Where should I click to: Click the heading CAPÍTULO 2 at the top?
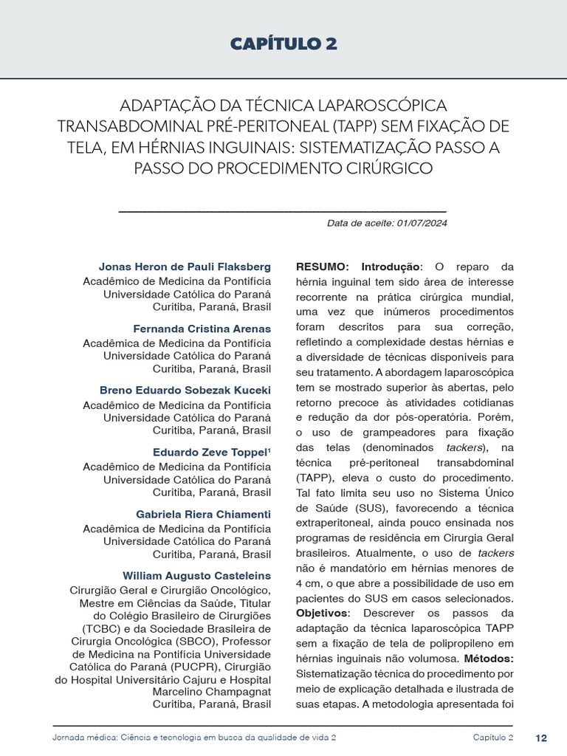(283, 44)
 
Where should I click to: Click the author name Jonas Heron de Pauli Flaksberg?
(185, 267)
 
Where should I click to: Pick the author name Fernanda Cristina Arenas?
(202, 329)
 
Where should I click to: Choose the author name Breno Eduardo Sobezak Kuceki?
(185, 390)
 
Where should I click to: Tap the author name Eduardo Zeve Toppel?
(210, 452)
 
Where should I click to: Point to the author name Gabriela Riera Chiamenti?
(203, 513)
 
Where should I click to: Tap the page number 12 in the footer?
(541, 738)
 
